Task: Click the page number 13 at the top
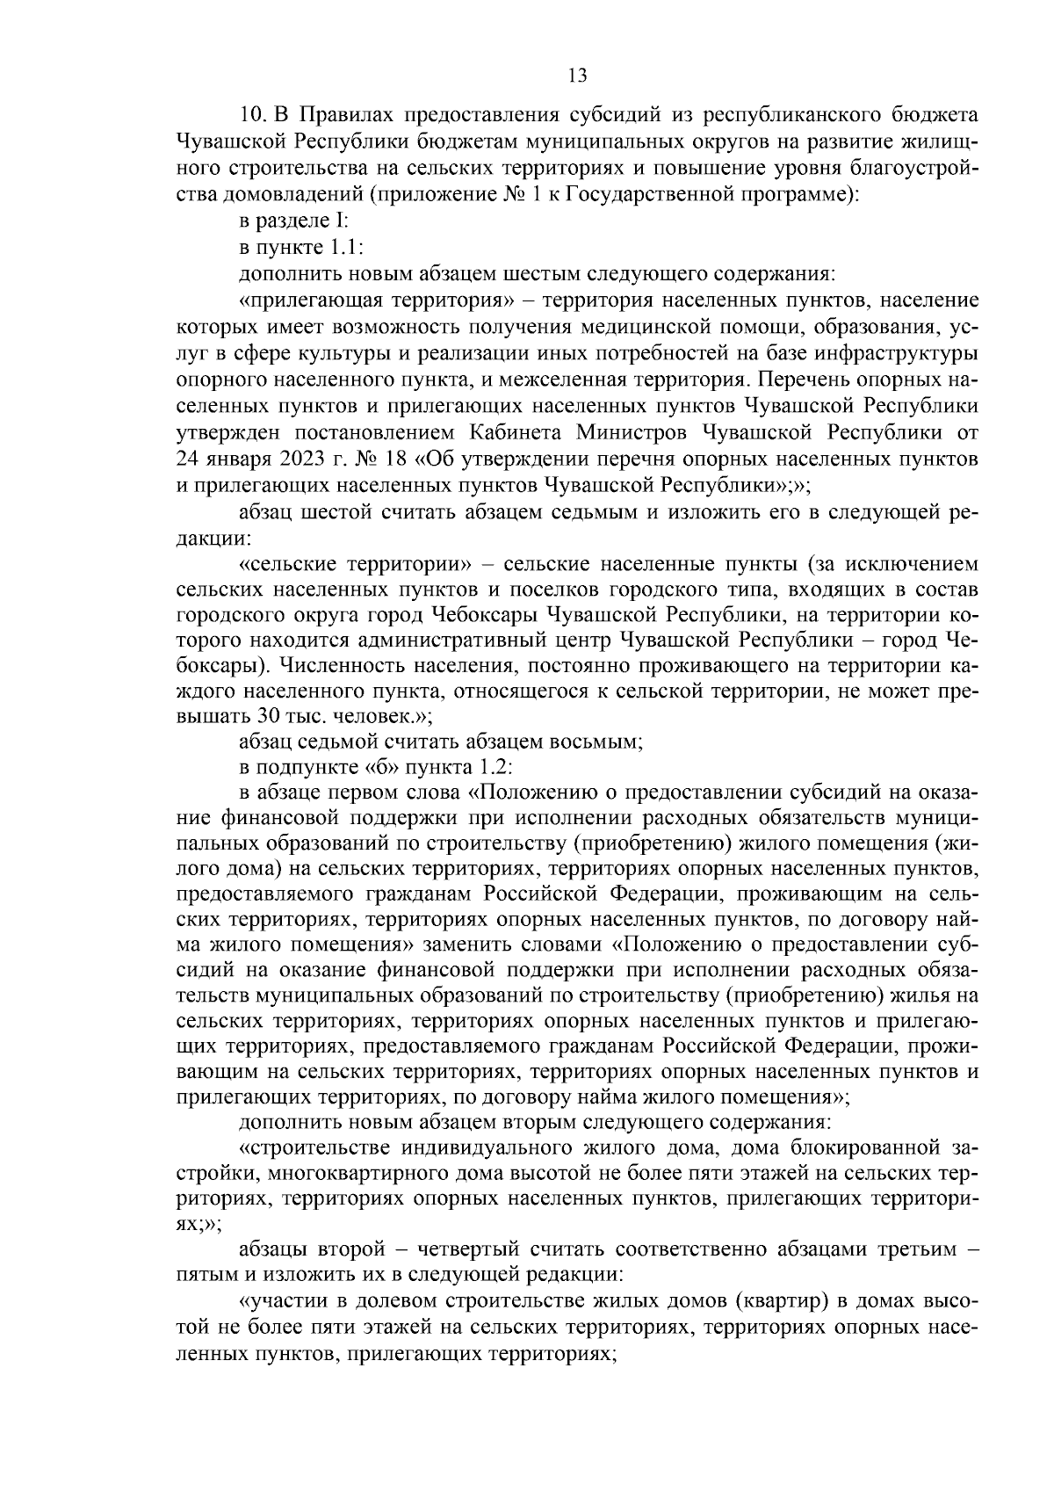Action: pyautogui.click(x=577, y=76)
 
